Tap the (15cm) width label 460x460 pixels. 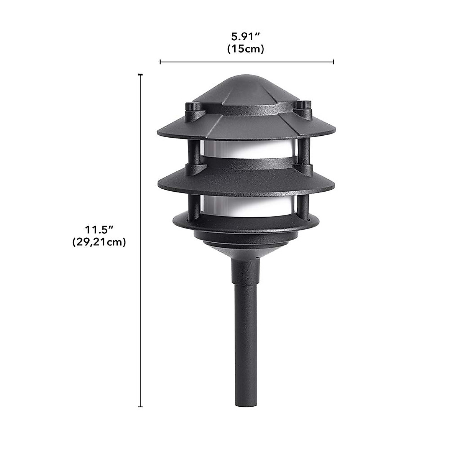[x=246, y=49]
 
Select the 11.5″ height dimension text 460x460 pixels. [x=99, y=230]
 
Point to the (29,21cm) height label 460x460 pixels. [x=99, y=242]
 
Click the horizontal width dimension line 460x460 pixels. [x=247, y=62]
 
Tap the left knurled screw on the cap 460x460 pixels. [x=191, y=108]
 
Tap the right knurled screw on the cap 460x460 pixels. [x=304, y=106]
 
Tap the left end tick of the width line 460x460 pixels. [x=160, y=62]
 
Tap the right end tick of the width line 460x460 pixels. [x=333, y=62]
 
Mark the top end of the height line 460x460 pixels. [x=140, y=75]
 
